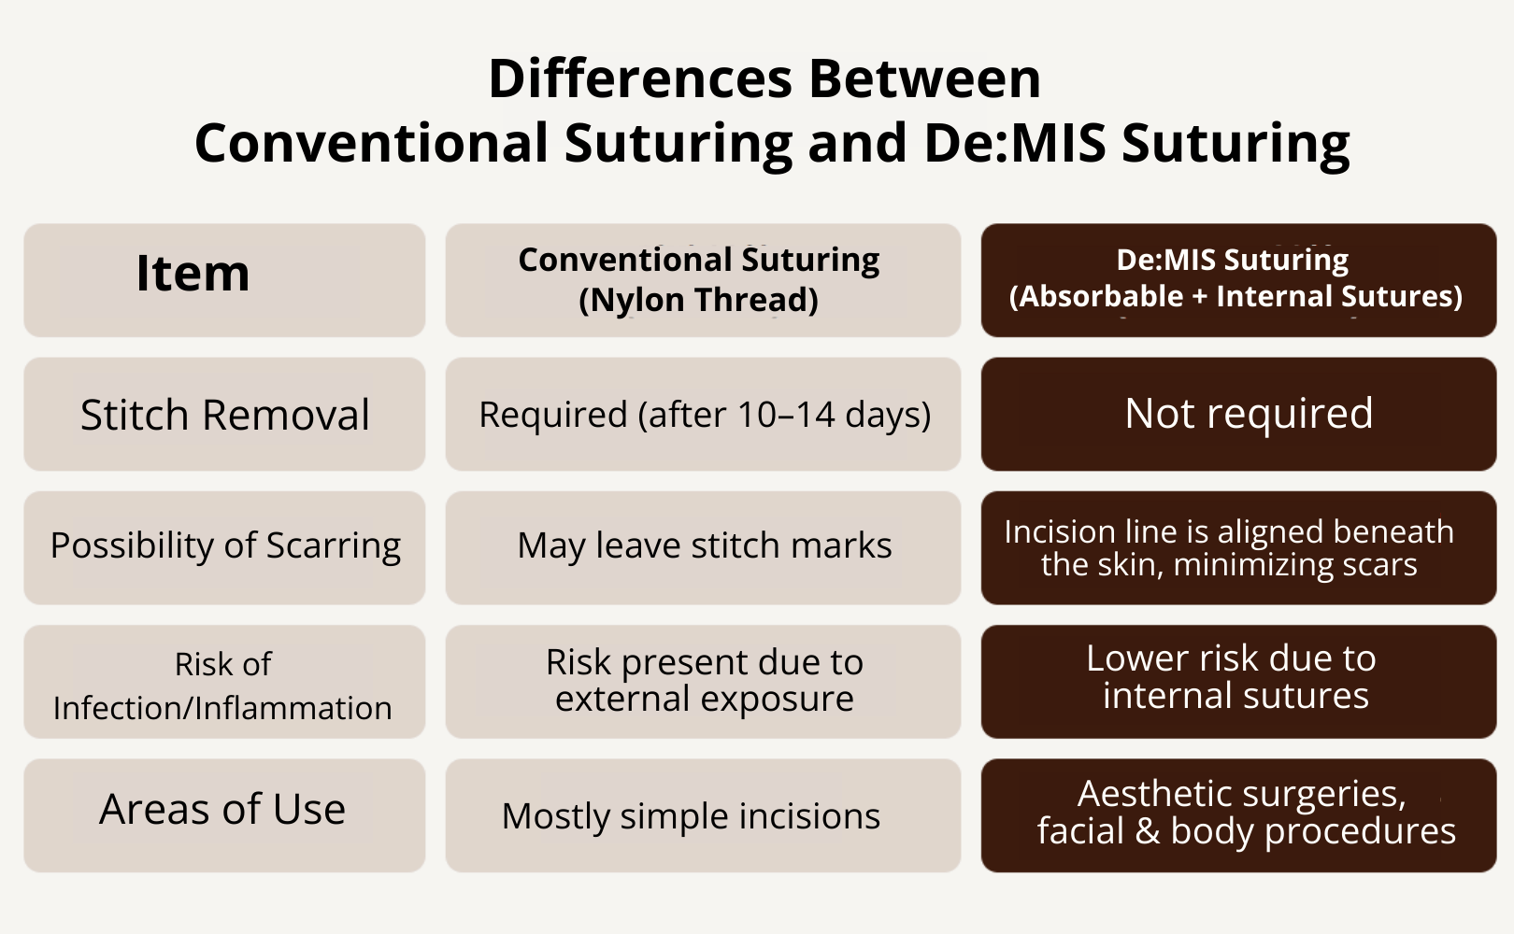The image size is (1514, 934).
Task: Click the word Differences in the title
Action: [640, 79]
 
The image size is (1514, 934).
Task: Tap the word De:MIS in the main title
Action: [1015, 143]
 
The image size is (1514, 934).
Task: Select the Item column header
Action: [224, 280]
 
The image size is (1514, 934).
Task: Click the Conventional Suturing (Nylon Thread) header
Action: [703, 280]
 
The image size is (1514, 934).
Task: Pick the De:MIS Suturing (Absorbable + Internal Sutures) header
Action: [1239, 280]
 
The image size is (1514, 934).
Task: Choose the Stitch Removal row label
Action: [224, 414]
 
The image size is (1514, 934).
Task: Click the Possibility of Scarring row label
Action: [224, 547]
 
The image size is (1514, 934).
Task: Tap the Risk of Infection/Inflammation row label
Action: [224, 682]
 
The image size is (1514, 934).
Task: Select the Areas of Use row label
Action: [224, 815]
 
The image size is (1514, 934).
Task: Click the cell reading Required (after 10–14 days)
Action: [703, 414]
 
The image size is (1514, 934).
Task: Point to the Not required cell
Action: [1239, 414]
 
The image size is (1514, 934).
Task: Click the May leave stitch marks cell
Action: [703, 547]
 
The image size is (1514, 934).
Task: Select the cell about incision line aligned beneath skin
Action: [1239, 547]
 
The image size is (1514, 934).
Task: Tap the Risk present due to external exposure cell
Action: [703, 682]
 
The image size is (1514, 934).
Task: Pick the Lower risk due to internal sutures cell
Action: [1239, 682]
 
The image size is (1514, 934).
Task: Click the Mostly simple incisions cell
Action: [703, 815]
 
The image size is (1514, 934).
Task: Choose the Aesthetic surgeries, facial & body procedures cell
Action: [1239, 815]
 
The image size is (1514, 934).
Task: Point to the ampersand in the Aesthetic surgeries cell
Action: [1147, 830]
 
